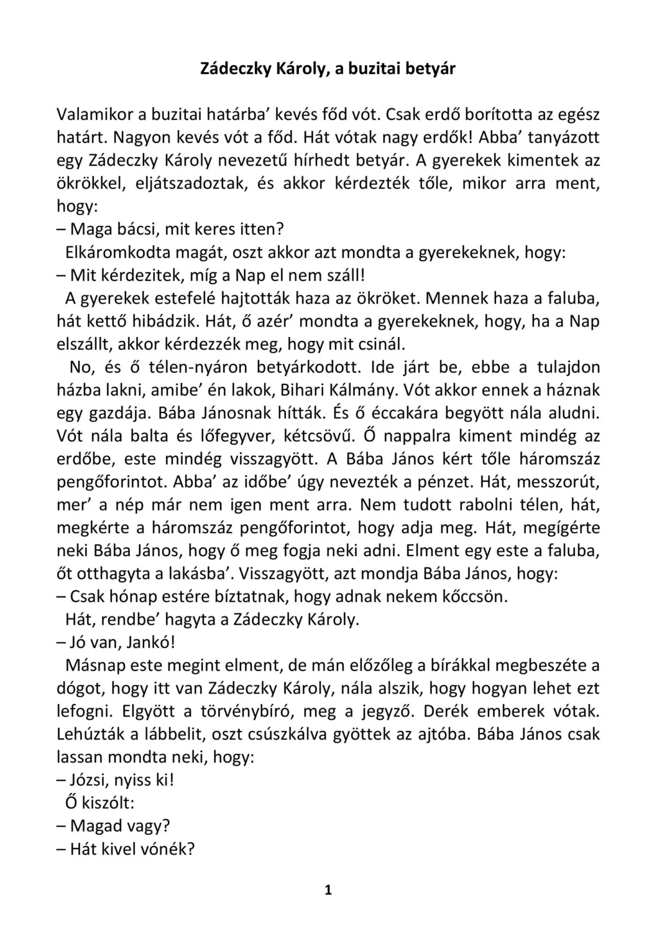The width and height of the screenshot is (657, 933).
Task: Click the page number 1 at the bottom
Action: coord(328,890)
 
